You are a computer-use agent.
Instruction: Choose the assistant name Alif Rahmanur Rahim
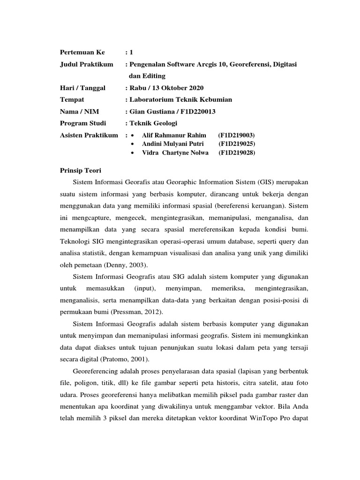point(174,135)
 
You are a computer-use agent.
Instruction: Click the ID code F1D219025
point(237,144)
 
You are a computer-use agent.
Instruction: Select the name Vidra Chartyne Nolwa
point(175,153)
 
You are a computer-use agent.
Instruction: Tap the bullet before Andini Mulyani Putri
point(134,144)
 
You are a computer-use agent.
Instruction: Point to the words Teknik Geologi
point(151,123)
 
